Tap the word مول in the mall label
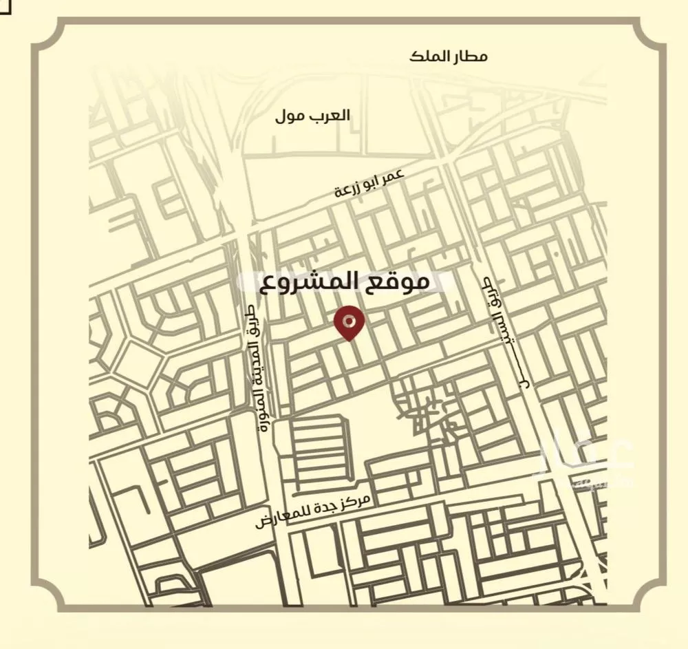pyautogui.click(x=290, y=117)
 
